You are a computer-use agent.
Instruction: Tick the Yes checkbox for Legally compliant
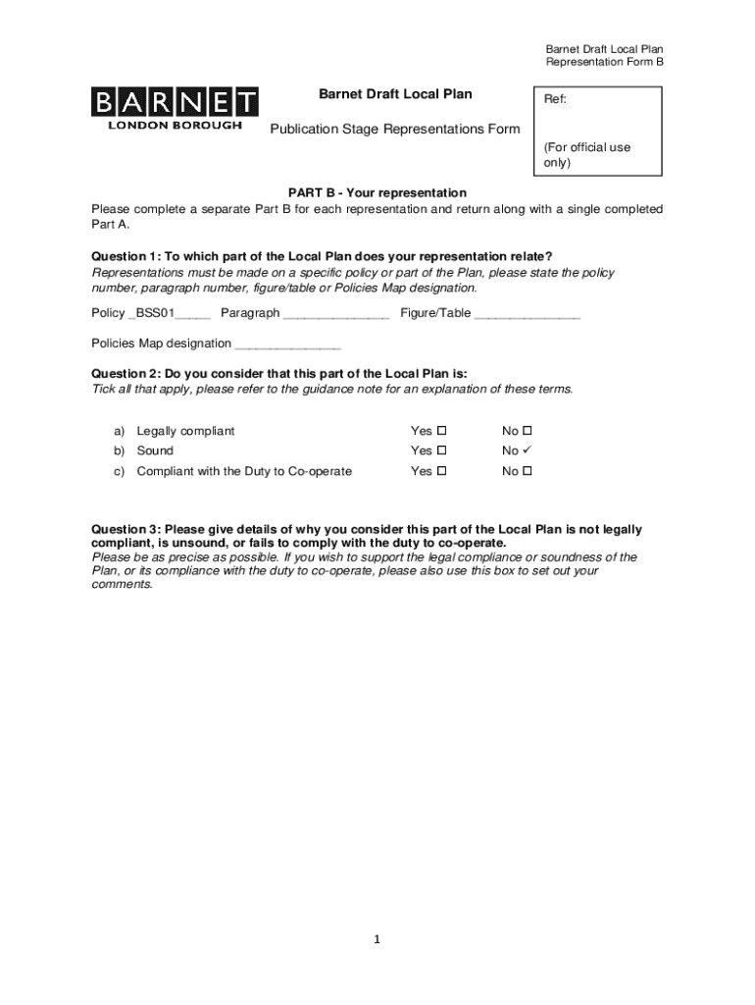pyautogui.click(x=441, y=431)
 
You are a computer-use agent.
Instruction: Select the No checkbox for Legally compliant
pyautogui.click(x=527, y=431)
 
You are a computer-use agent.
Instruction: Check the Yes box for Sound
pyautogui.click(x=441, y=450)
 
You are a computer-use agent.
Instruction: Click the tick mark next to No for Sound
pyautogui.click(x=527, y=450)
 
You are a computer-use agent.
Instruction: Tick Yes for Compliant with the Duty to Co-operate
pyautogui.click(x=441, y=471)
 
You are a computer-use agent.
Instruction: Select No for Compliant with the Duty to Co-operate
pyautogui.click(x=527, y=471)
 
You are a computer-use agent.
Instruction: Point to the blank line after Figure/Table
pyautogui.click(x=528, y=315)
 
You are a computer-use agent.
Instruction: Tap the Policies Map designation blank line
pyautogui.click(x=288, y=345)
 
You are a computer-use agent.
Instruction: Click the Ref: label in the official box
pyautogui.click(x=555, y=100)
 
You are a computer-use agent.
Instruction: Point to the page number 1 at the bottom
pyautogui.click(x=377, y=940)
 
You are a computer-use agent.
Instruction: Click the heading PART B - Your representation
pyautogui.click(x=377, y=192)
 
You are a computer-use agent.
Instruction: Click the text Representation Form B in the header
pyautogui.click(x=604, y=63)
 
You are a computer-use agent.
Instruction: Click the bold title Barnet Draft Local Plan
pyautogui.click(x=395, y=94)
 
